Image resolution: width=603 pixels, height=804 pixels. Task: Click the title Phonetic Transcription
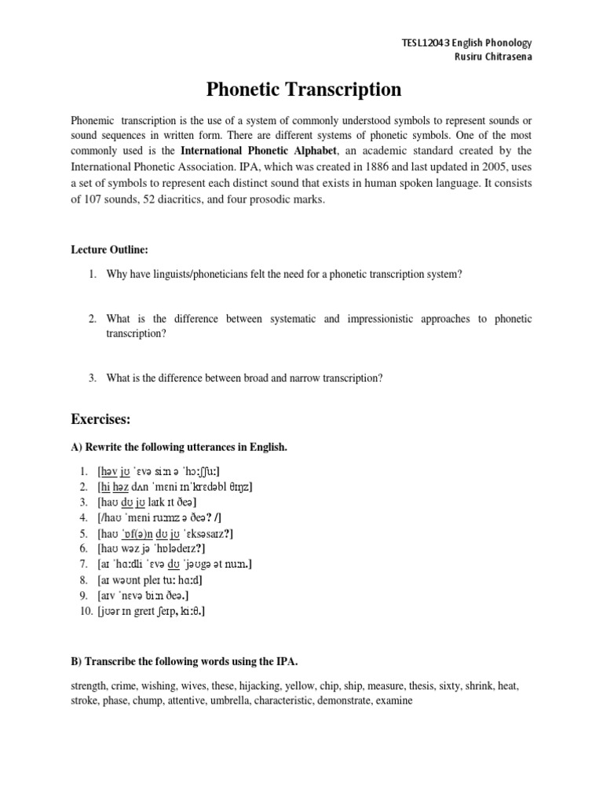pyautogui.click(x=303, y=90)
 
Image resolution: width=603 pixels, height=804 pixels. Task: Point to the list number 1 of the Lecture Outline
pyautogui.click(x=91, y=274)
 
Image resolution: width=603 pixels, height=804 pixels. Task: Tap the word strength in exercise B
pyautogui.click(x=90, y=685)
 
